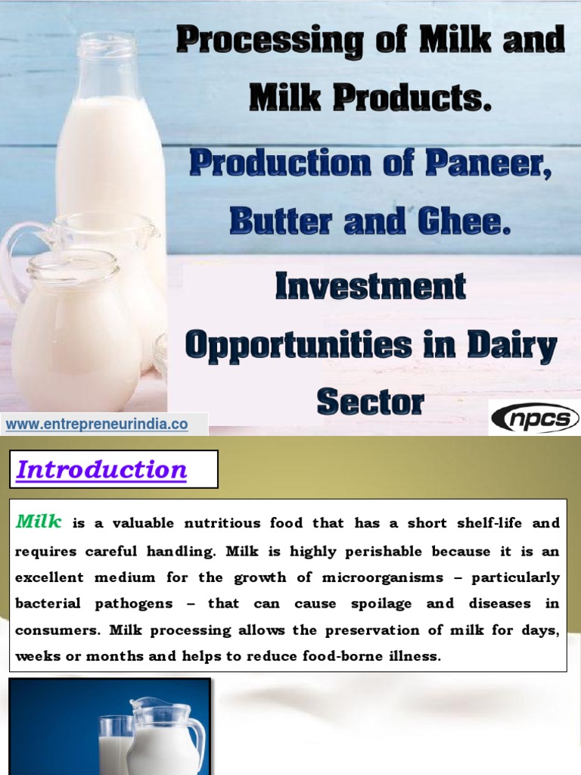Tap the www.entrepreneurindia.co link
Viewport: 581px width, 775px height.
pyautogui.click(x=97, y=425)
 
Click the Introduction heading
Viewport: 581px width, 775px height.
pyautogui.click(x=102, y=470)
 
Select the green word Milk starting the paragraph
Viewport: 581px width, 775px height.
pyautogui.click(x=39, y=521)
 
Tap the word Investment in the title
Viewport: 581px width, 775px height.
pyautogui.click(x=371, y=286)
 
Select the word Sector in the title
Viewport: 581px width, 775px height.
pyautogui.click(x=371, y=402)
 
